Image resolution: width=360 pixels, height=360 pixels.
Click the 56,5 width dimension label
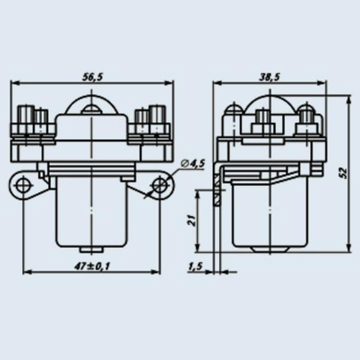pyautogui.click(x=93, y=77)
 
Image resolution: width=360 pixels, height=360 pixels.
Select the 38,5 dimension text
pyautogui.click(x=269, y=77)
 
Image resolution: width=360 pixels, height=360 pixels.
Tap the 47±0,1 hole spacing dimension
pyautogui.click(x=92, y=266)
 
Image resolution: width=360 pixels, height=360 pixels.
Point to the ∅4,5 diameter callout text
pyautogui.click(x=193, y=164)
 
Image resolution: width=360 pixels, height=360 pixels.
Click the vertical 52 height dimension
pyautogui.click(x=344, y=173)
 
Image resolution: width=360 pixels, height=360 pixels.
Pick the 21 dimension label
pyautogui.click(x=191, y=220)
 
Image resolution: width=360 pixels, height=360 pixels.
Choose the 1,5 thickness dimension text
pyautogui.click(x=195, y=267)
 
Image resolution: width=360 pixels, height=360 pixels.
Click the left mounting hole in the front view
pyautogui.click(x=23, y=185)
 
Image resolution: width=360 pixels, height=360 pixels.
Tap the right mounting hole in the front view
pyautogui.click(x=160, y=185)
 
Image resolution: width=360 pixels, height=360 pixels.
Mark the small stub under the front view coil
pyautogui.click(x=91, y=249)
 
